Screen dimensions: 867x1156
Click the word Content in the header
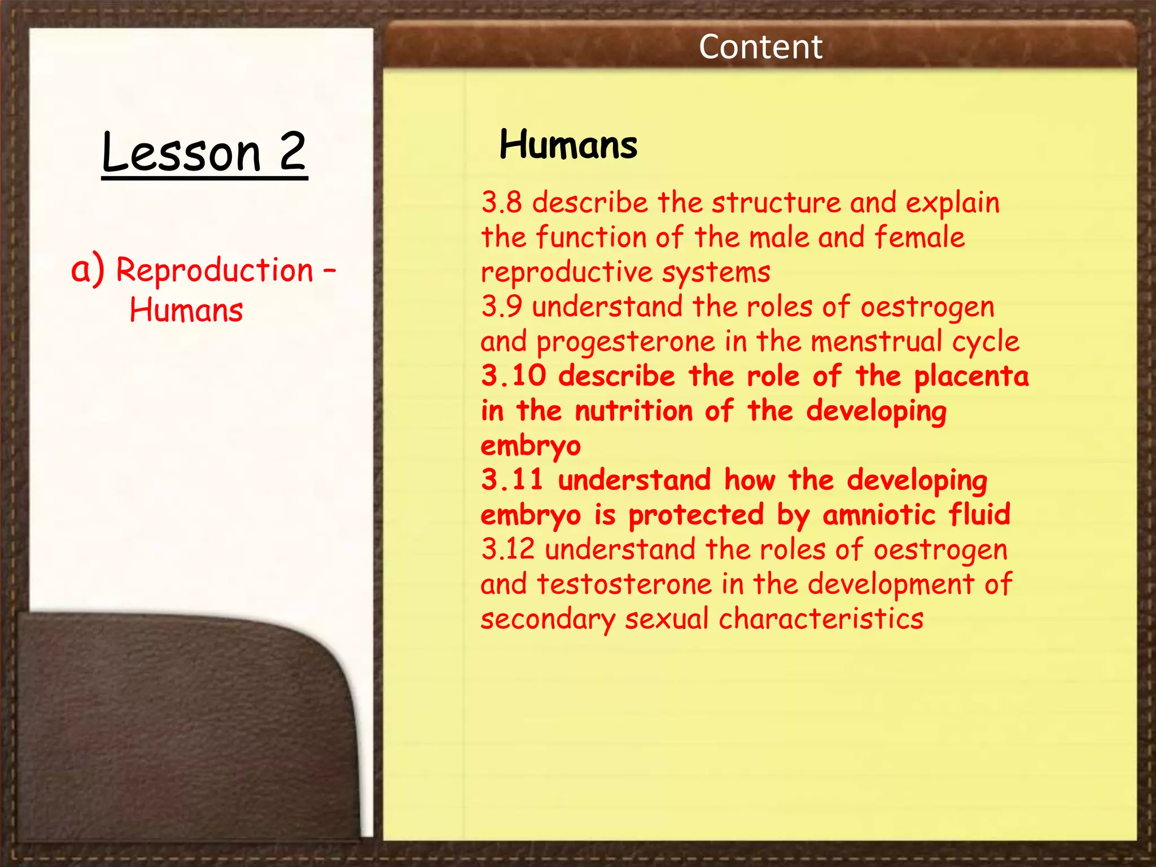[760, 47]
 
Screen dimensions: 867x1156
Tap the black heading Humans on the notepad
[568, 145]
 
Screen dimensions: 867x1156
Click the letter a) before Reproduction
[87, 270]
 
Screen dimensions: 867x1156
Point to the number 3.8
[501, 202]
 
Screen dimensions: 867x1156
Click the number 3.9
[501, 306]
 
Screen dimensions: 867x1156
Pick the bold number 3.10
[514, 376]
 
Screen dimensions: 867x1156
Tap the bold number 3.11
[512, 480]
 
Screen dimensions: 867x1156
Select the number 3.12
[507, 549]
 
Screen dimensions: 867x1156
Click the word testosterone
[624, 584]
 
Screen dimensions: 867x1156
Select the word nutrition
[633, 411]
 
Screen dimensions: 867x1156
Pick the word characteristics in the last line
[821, 619]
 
